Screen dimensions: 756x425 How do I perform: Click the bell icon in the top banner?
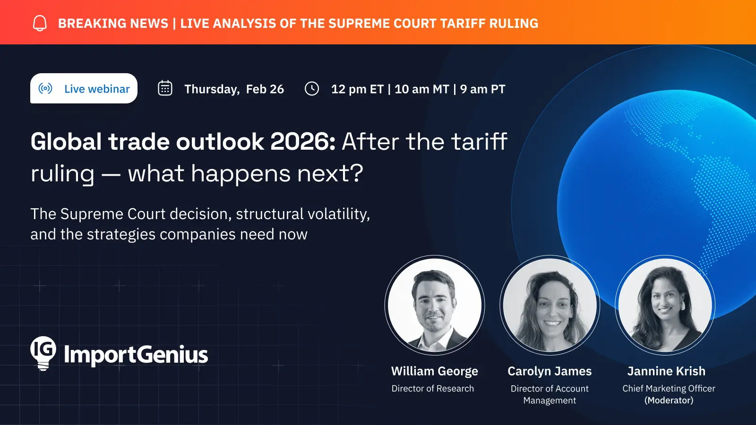[40, 23]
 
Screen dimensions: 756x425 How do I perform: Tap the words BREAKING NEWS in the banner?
[113, 23]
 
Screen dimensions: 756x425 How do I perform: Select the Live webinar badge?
[84, 88]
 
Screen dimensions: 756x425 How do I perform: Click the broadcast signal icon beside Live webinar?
[45, 88]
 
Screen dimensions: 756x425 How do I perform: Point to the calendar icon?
[165, 88]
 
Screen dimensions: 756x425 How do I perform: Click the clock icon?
[312, 89]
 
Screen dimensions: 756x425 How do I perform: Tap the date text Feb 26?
[265, 89]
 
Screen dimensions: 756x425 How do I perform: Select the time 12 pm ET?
[357, 89]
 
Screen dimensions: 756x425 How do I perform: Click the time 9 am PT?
[482, 89]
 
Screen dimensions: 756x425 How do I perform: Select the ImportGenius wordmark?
[136, 355]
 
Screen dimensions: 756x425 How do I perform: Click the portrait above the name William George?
[435, 305]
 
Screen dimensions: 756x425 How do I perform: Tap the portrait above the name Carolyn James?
[550, 305]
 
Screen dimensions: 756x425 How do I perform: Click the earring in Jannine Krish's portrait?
[684, 305]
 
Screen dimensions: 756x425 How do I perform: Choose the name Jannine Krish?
[666, 371]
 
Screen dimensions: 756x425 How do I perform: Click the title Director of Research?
[433, 389]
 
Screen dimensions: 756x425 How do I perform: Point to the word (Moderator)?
[669, 400]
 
